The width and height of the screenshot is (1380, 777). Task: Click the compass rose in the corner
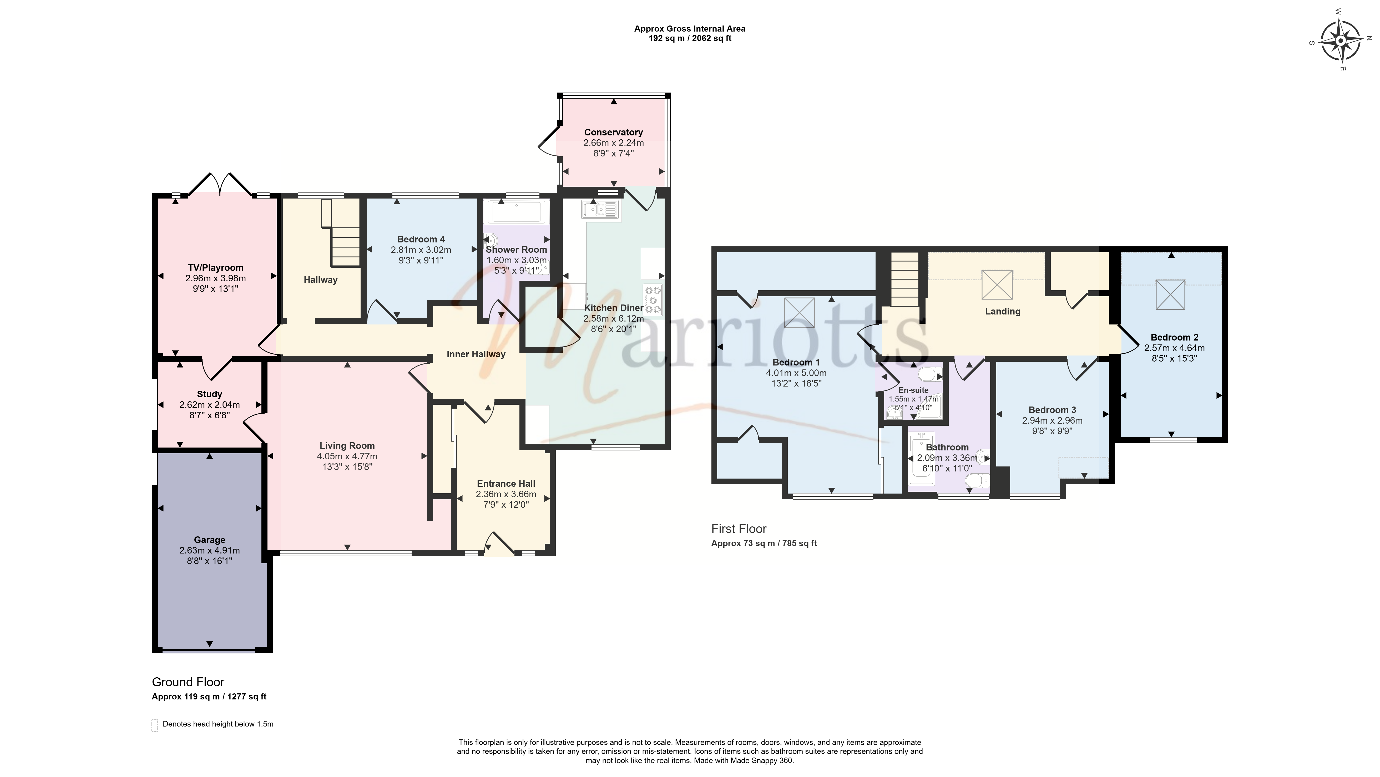point(1340,40)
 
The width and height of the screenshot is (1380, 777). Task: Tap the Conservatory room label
point(613,132)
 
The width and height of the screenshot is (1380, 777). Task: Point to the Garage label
point(209,540)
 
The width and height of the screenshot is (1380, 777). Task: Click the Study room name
point(209,394)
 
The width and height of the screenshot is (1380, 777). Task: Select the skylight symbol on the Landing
point(997,284)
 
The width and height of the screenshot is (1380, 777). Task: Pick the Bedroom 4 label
point(421,239)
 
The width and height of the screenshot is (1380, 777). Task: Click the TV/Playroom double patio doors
point(220,184)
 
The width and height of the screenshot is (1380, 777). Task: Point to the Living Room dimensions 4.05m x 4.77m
point(347,456)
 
